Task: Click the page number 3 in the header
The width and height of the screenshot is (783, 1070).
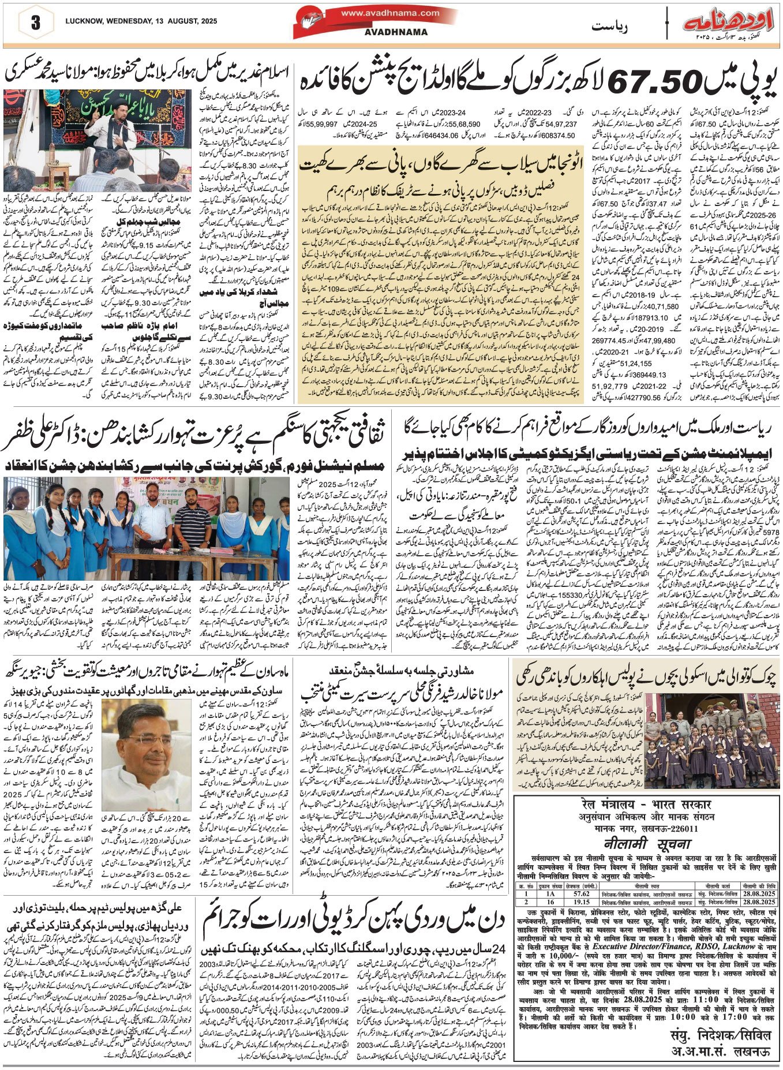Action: point(36,24)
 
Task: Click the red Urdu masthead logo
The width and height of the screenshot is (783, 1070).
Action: point(728,24)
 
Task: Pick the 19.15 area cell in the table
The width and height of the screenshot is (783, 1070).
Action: point(581,901)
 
